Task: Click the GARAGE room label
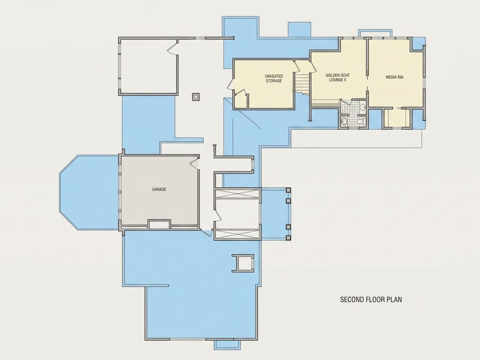pyautogui.click(x=159, y=189)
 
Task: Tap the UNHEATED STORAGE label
pyautogui.click(x=274, y=79)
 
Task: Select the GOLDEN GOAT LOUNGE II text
pyautogui.click(x=337, y=77)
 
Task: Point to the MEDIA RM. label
pyautogui.click(x=394, y=77)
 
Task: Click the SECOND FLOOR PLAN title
pyautogui.click(x=371, y=299)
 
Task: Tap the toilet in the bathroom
pyautogui.click(x=362, y=122)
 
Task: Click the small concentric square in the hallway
pyautogui.click(x=196, y=97)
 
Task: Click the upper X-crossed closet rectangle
pyautogui.click(x=237, y=194)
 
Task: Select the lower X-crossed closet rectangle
pyautogui.click(x=237, y=234)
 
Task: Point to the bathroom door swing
pyautogui.click(x=345, y=102)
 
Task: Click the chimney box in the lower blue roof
pyautogui.click(x=243, y=263)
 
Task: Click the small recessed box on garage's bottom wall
pyautogui.click(x=159, y=224)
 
